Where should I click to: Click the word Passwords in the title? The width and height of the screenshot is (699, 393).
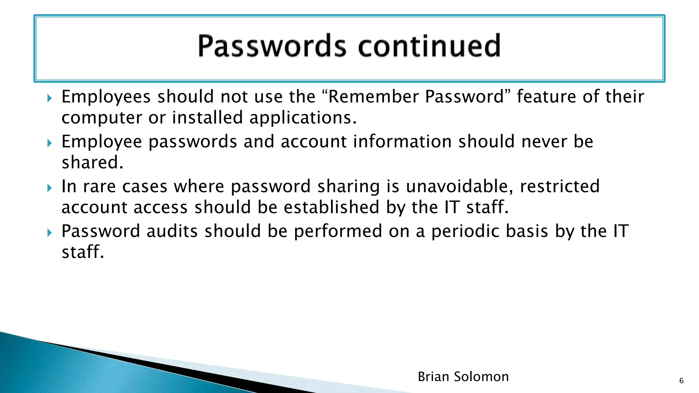click(272, 46)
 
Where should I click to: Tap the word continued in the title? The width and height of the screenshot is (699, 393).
click(429, 46)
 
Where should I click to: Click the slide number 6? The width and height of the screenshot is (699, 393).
click(681, 381)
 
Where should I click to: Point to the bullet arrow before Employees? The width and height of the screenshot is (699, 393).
click(50, 99)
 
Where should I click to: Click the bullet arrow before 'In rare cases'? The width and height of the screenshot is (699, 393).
click(50, 188)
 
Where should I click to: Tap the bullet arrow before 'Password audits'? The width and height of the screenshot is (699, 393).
click(50, 233)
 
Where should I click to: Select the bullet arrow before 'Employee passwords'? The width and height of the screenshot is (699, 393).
click(50, 143)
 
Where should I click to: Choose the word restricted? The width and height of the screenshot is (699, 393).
click(560, 187)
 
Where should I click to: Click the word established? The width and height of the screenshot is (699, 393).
click(331, 207)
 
